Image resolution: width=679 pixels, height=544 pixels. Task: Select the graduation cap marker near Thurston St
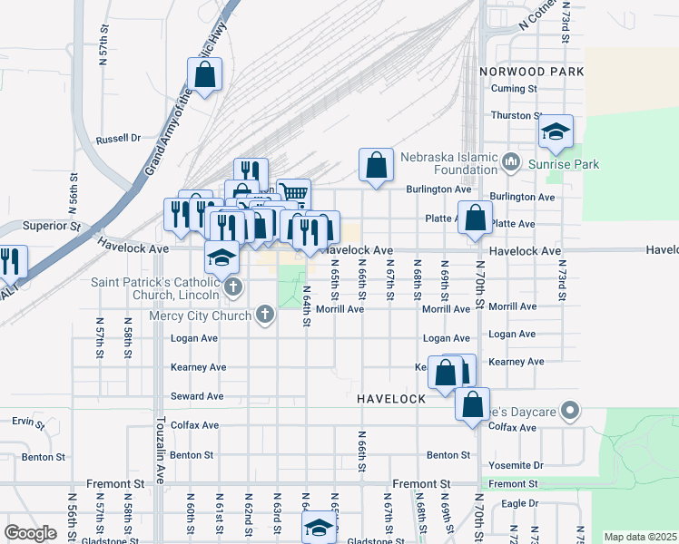556,132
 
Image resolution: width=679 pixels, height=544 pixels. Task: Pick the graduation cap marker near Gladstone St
319,528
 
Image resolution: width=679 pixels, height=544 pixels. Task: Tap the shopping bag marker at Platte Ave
475,219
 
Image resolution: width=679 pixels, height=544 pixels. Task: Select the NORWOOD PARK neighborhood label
532,71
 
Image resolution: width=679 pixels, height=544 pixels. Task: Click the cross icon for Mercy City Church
265,315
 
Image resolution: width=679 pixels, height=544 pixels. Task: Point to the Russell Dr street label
119,140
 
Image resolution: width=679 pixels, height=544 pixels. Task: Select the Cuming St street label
515,89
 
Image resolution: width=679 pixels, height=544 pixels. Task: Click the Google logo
31,532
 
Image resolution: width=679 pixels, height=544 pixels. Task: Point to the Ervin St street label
27,421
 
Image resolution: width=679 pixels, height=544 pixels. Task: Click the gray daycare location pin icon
570,411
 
